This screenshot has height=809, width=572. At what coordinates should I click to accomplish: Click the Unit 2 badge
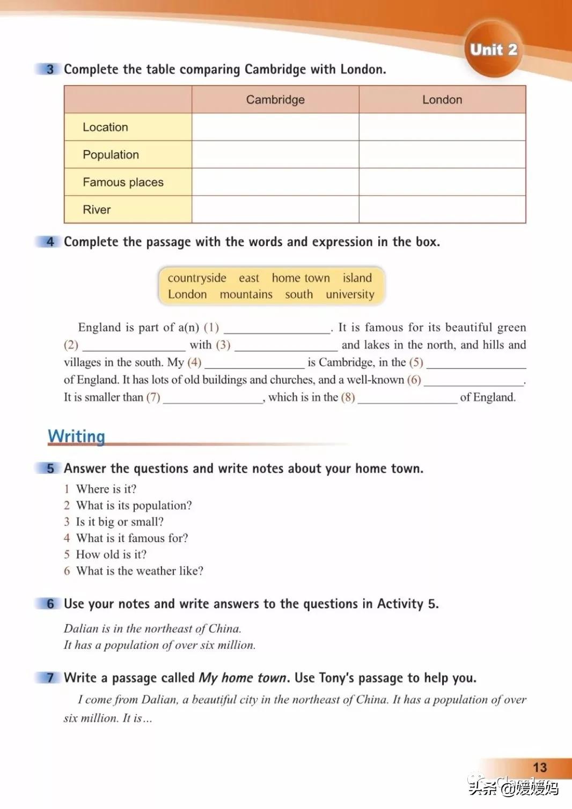coord(493,50)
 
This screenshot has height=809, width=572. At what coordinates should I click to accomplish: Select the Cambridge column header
coord(275,100)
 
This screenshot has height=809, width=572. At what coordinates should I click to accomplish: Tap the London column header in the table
coord(442,100)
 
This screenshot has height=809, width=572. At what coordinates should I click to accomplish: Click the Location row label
coord(105,127)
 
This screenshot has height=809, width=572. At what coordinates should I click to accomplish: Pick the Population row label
coord(111,155)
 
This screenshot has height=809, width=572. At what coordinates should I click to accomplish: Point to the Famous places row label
coord(123,182)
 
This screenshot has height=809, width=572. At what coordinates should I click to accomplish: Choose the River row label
coord(97,210)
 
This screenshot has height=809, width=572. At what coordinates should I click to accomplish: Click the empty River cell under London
coord(442,210)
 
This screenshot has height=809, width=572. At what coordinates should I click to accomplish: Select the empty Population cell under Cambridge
coord(275,155)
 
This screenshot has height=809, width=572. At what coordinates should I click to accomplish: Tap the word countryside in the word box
coord(197,278)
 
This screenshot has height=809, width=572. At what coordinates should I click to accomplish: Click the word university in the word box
coord(350,294)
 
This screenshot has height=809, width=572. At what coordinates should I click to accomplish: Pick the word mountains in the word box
coord(246,294)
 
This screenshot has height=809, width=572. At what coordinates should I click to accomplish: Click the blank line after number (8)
coord(407,399)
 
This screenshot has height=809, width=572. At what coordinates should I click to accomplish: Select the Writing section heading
coord(76,436)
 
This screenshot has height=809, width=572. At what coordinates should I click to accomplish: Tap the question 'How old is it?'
coord(111,554)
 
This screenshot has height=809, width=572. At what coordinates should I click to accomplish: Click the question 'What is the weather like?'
coord(140,571)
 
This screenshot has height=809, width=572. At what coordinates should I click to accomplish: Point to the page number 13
coord(540,768)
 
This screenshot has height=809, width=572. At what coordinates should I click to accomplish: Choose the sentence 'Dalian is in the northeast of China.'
coord(152,628)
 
